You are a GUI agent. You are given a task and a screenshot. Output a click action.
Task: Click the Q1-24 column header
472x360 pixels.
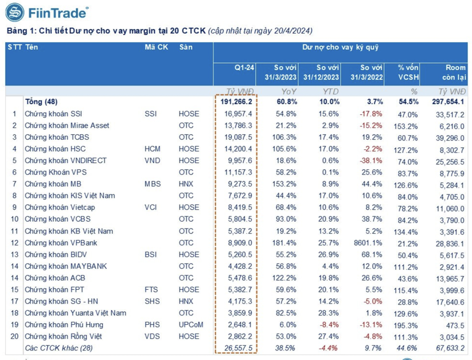(244, 67)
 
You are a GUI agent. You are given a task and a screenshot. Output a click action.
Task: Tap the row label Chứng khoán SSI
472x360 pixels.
(53, 113)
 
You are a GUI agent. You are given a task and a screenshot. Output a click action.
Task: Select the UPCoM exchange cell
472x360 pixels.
(191, 324)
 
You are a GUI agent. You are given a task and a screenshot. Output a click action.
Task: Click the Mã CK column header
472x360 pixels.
(156, 47)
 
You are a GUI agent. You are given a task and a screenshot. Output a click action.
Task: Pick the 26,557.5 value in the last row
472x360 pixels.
(240, 348)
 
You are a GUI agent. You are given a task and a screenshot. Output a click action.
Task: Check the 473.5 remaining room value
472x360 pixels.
(455, 324)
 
